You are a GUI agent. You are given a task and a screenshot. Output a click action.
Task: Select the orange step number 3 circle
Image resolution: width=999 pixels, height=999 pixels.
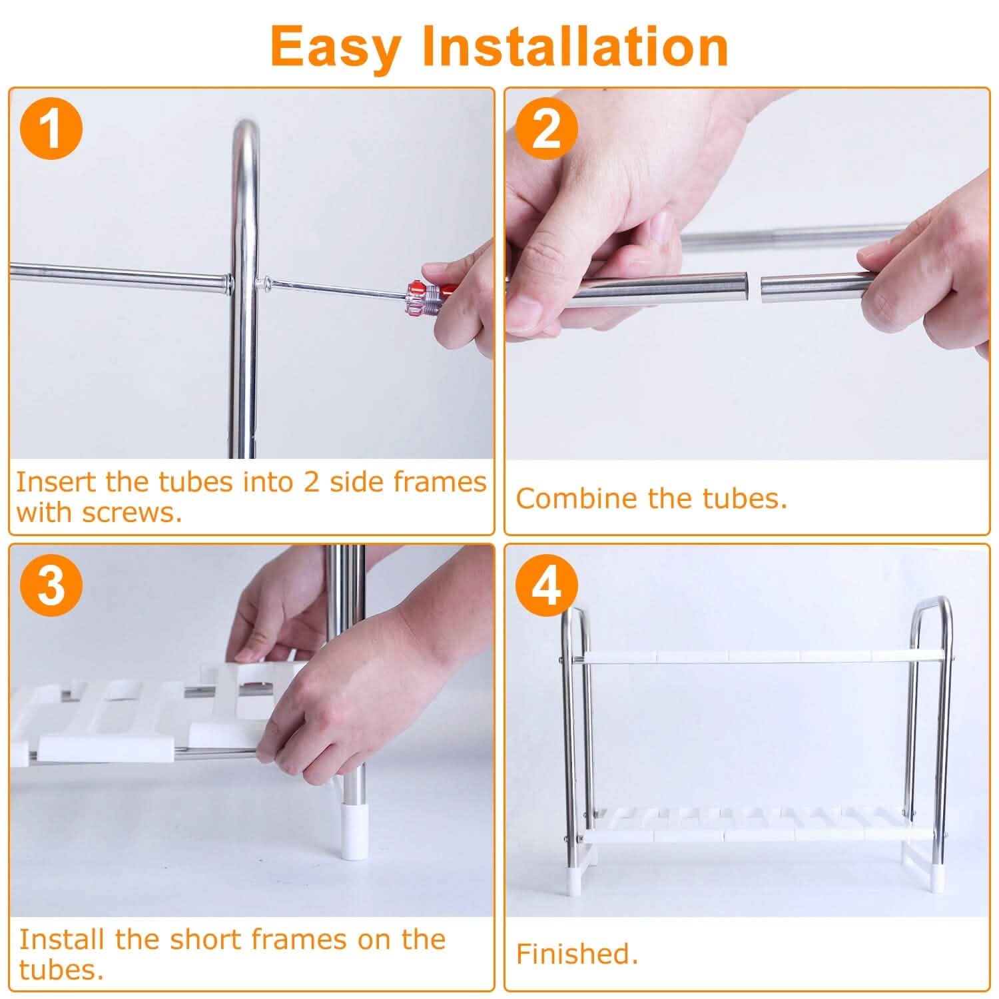pos(51,586)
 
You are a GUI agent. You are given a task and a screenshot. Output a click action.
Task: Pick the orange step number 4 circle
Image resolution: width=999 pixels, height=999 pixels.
pos(546,586)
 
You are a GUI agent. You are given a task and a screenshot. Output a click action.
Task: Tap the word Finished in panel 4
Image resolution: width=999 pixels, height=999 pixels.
pos(576,954)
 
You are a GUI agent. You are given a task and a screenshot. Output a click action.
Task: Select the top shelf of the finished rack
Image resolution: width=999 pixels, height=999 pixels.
pos(763,656)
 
